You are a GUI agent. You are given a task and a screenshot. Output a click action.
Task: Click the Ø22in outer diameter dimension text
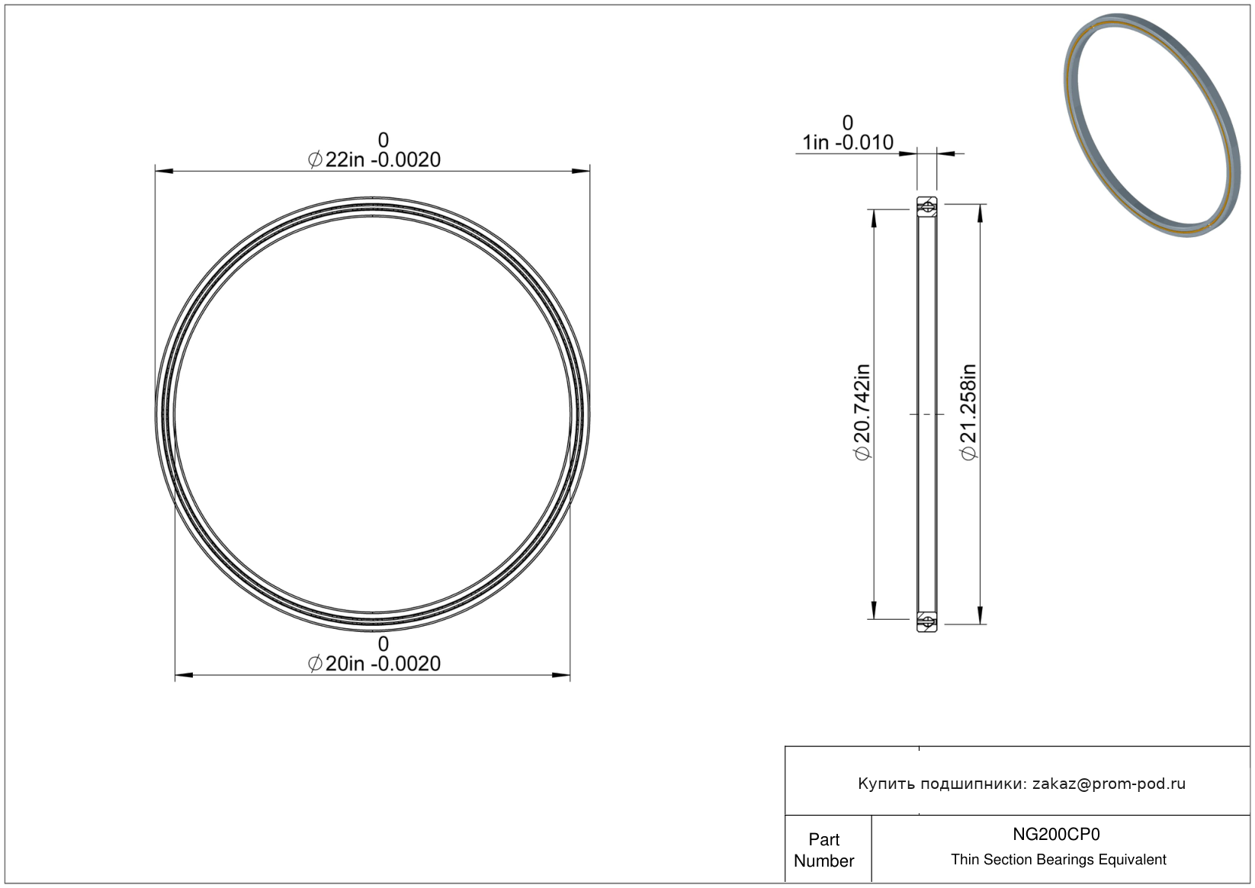point(374,160)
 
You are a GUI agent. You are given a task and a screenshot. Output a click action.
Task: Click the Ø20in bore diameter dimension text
point(374,664)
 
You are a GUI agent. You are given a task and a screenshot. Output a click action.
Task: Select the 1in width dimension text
point(848,143)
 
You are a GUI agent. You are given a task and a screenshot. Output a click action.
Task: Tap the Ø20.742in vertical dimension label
point(863,412)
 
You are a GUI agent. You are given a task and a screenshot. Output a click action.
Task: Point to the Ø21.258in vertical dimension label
point(969,412)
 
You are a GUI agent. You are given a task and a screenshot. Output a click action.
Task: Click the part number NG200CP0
point(1056,835)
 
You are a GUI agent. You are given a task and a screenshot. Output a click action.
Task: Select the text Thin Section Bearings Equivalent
point(1058,860)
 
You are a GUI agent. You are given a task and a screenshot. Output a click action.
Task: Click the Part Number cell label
point(823,850)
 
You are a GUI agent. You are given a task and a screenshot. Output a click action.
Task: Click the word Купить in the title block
point(886,784)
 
